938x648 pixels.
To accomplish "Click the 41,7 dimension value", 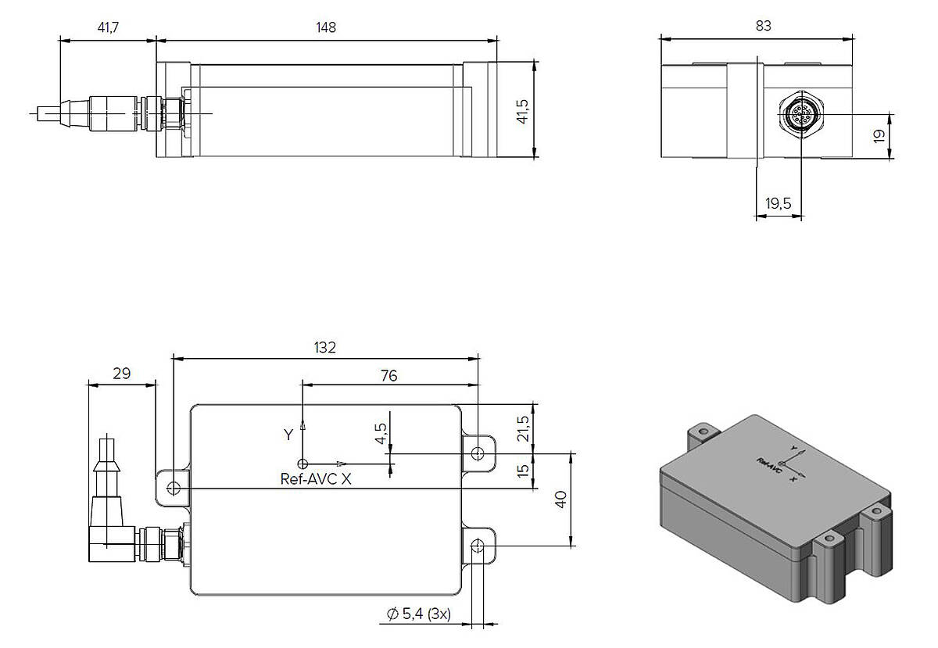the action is pos(108,27).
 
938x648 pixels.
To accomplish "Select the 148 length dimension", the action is pos(326,27).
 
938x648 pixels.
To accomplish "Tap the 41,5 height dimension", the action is pos(523,112).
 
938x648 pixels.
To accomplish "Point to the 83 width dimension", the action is pos(764,26).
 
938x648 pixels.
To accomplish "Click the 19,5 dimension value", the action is pos(778,203).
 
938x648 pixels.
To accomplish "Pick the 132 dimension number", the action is pos(325,348).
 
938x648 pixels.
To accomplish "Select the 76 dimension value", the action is pos(389,376).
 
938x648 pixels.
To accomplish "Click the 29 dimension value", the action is pos(122,373).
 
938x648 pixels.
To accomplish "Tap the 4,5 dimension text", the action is pos(381,434).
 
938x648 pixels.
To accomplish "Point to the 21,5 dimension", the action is pos(523,428).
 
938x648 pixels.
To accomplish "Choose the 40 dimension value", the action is pos(560,499).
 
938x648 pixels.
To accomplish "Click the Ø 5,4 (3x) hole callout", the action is pos(419,614).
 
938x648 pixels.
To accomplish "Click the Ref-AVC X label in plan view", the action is pos(316,479).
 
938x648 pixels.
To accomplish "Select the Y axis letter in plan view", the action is pos(288,435).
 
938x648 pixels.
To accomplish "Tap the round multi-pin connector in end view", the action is pos(800,113).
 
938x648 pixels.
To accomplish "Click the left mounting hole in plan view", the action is pos(174,488).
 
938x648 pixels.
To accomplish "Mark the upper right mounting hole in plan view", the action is pos(478,453).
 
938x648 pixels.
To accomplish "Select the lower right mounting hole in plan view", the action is pos(478,546).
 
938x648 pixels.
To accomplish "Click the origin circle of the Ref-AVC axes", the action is pos(303,464).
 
